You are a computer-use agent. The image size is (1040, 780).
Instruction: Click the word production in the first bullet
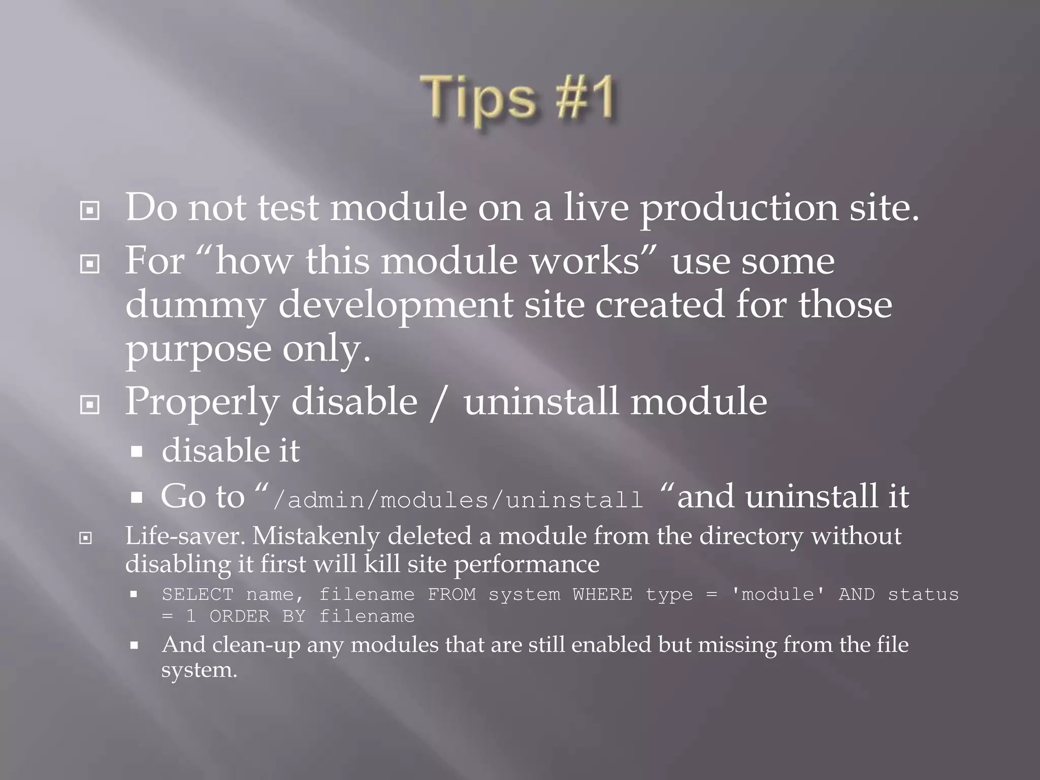738,208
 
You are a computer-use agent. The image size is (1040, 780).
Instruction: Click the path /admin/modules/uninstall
458,500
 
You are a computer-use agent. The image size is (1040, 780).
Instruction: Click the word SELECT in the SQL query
197,595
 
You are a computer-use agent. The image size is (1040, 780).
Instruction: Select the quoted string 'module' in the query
777,595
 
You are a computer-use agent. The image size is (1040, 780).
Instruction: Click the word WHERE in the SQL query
602,595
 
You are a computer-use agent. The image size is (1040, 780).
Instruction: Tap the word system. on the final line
199,670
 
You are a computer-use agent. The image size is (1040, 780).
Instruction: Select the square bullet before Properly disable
90,405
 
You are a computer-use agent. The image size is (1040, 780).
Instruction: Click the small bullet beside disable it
136,451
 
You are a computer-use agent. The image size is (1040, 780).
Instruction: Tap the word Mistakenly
315,536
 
